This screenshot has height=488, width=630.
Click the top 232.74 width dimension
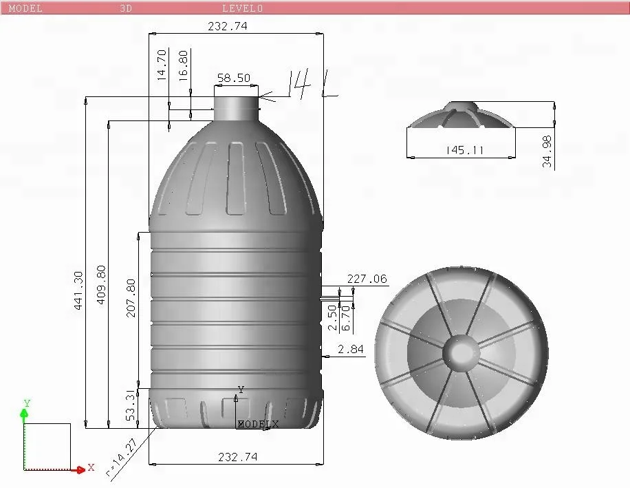pyautogui.click(x=227, y=26)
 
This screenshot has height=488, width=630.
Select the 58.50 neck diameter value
pyautogui.click(x=234, y=78)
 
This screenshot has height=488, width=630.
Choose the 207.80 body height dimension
pyautogui.click(x=131, y=297)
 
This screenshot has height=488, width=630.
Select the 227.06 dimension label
pyautogui.click(x=367, y=279)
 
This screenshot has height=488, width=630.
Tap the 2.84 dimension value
pyautogui.click(x=351, y=350)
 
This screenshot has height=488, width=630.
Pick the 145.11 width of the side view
pyautogui.click(x=465, y=150)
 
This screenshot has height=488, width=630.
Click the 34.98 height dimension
pyautogui.click(x=547, y=151)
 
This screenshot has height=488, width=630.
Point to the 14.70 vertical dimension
pyautogui.click(x=162, y=65)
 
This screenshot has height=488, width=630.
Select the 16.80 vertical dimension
pyautogui.click(x=184, y=66)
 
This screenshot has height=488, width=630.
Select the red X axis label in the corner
pyautogui.click(x=91, y=468)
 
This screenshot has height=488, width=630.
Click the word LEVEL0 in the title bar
pyautogui.click(x=242, y=8)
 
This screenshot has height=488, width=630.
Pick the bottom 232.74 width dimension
pyautogui.click(x=237, y=457)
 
